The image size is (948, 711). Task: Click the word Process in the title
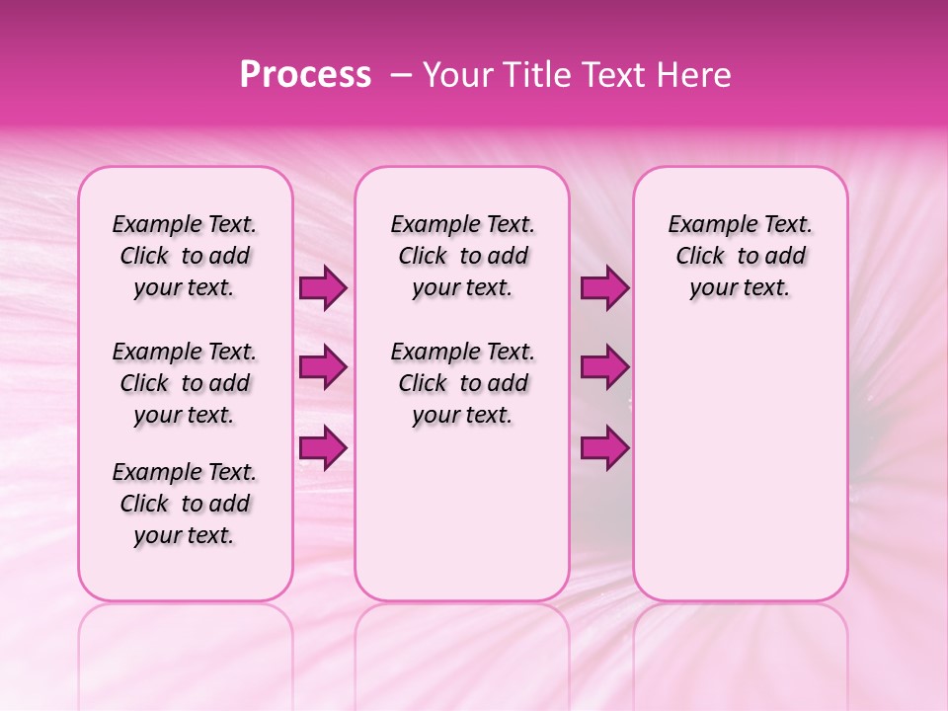[305, 75]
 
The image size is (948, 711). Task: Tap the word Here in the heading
[695, 75]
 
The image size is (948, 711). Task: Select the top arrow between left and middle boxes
[323, 288]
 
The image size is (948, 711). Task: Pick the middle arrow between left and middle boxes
[323, 368]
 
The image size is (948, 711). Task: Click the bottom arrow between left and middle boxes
[323, 448]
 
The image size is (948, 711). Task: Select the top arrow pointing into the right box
[604, 288]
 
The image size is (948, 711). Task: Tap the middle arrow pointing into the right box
[604, 368]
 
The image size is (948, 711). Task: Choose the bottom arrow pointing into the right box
[604, 448]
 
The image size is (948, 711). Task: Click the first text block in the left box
[185, 256]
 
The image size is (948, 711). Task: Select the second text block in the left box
[185, 383]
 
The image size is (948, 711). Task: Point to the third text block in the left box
[185, 504]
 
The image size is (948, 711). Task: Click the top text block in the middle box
[463, 256]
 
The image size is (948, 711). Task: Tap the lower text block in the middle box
[463, 383]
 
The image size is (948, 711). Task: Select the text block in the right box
[741, 256]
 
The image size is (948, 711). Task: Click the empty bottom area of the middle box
[462, 523]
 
